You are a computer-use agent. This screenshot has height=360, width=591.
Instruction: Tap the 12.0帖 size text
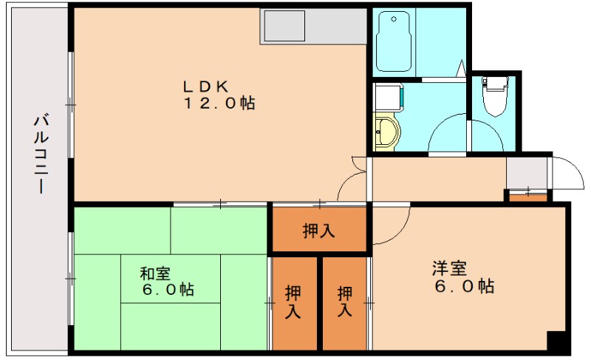click(x=219, y=104)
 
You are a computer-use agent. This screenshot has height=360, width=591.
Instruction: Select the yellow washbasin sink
click(x=386, y=134)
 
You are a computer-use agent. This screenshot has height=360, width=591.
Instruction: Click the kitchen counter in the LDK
click(x=314, y=26)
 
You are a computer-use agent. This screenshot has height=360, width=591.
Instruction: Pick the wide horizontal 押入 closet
click(x=319, y=231)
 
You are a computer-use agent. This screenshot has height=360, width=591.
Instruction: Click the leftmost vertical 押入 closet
click(x=293, y=302)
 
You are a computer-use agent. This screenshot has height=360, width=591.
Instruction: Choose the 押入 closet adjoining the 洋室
click(x=345, y=302)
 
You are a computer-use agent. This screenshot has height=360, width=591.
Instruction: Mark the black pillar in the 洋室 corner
click(x=557, y=342)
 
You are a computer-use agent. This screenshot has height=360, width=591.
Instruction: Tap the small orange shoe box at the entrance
click(x=527, y=196)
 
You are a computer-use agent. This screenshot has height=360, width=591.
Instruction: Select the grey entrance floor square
click(x=527, y=173)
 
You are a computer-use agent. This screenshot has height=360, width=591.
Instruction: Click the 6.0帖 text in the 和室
click(x=168, y=291)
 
